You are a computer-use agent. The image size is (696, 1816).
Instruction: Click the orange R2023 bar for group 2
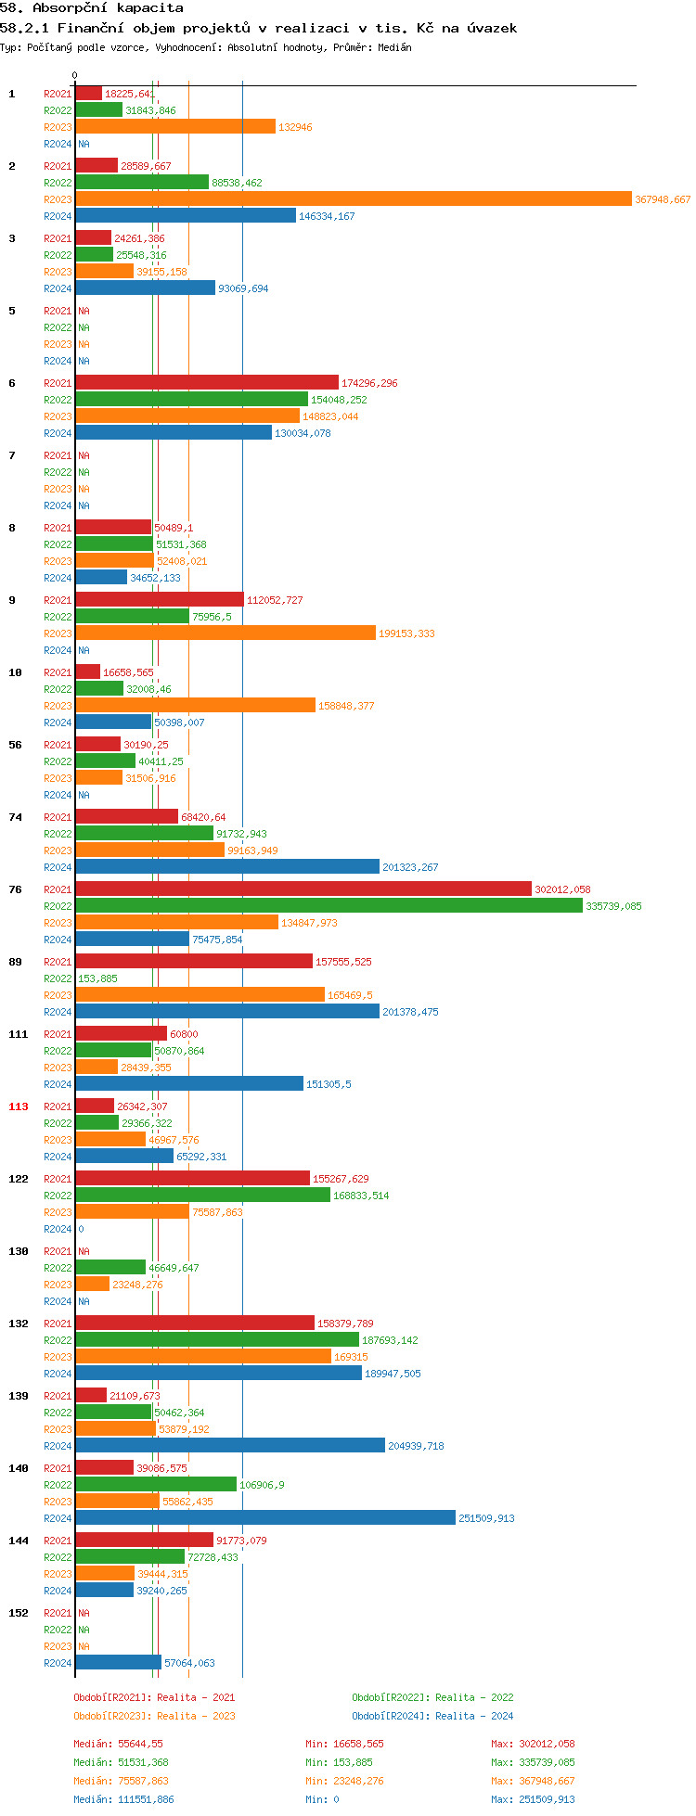point(353,199)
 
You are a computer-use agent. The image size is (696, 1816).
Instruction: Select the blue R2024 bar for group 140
point(265,1518)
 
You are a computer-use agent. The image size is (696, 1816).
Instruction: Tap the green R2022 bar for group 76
point(329,906)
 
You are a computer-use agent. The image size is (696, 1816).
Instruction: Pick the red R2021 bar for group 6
point(207,383)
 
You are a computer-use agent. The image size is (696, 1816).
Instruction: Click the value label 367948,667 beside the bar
point(663,200)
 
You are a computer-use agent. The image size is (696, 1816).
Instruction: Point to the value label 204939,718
point(414,1446)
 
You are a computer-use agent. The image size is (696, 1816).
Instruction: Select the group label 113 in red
point(19,1106)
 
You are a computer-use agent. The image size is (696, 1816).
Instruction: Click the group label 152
point(19,1613)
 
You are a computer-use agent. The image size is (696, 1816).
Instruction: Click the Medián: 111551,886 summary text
point(123,1799)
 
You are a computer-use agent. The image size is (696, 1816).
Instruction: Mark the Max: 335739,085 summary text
point(533,1762)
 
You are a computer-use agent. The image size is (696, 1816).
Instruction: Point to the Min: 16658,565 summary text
point(344,1744)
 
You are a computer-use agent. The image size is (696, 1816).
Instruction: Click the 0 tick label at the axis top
point(75,76)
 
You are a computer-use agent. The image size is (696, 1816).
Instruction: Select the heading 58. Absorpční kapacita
point(92,7)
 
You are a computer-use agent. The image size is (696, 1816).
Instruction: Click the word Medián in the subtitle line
point(395,47)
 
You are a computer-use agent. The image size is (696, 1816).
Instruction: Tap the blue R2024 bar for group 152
point(118,1663)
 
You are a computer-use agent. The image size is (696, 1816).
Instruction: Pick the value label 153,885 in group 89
point(97,978)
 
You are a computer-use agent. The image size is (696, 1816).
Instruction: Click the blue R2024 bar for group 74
point(227,867)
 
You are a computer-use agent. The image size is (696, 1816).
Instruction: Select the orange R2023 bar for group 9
point(226,633)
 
